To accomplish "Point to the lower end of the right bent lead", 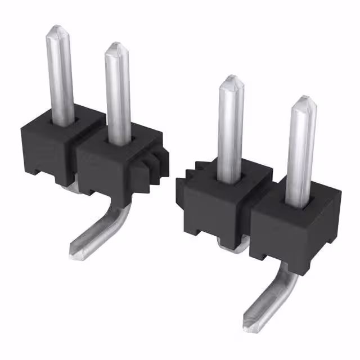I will [x=251, y=323].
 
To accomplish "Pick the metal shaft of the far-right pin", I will [x=301, y=152].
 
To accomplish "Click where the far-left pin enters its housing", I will [x=63, y=119].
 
